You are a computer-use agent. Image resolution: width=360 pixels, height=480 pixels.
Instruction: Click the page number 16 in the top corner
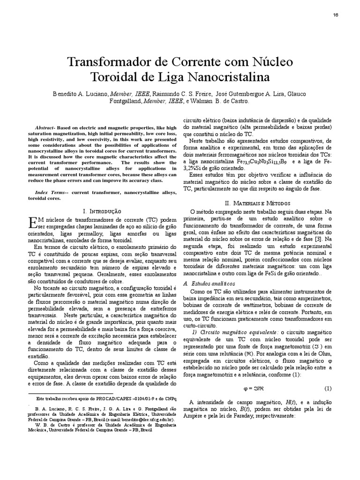[x=336, y=15]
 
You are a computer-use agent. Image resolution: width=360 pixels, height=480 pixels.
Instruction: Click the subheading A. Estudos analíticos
[x=209, y=284]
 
